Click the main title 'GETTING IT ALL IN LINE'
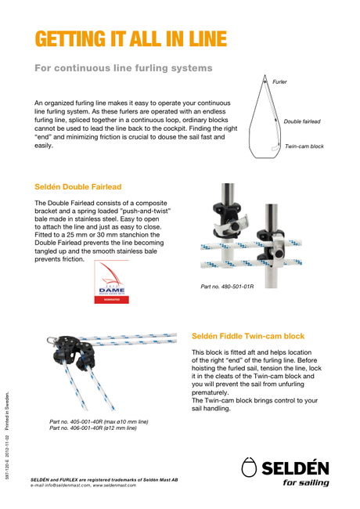pyautogui.click(x=131, y=39)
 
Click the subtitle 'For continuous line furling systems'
pyautogui.click(x=124, y=68)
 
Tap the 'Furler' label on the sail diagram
pyautogui.click(x=279, y=81)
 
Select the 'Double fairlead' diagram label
pyautogui.click(x=302, y=121)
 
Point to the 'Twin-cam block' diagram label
pyautogui.click(x=304, y=146)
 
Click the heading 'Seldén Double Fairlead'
pyautogui.click(x=78, y=187)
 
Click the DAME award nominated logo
pyautogui.click(x=112, y=282)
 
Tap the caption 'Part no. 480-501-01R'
pyautogui.click(x=227, y=287)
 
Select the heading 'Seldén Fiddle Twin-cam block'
pyautogui.click(x=248, y=336)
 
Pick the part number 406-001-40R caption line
pyautogui.click(x=93, y=428)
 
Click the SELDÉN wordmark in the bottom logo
pyautogui.click(x=295, y=468)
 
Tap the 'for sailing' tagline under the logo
pyautogui.click(x=306, y=482)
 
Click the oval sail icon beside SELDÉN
pyautogui.click(x=249, y=467)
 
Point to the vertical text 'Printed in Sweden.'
pyautogui.click(x=7, y=411)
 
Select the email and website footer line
pyautogui.click(x=84, y=486)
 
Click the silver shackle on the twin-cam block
pyautogui.click(x=51, y=341)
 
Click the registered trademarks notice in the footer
pyautogui.click(x=104, y=480)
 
